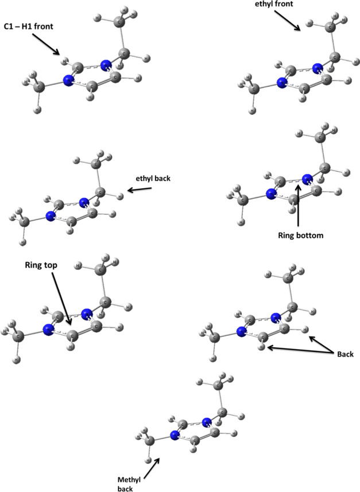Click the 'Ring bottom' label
pyautogui.click(x=299, y=234)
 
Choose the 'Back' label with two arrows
pyautogui.click(x=344, y=355)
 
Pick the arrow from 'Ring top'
pyautogui.click(x=61, y=301)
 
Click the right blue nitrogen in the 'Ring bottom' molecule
pyautogui.click(x=307, y=179)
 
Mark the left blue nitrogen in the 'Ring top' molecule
pyautogui.click(x=48, y=330)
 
